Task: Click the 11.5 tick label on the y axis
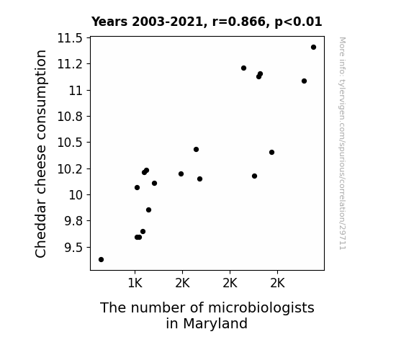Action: click(x=70, y=38)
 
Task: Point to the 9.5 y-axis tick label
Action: click(x=73, y=248)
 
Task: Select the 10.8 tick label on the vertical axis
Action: click(x=70, y=117)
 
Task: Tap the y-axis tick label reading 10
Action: click(x=76, y=195)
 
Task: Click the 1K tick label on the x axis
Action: click(x=135, y=284)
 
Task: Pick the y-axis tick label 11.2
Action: click(x=70, y=64)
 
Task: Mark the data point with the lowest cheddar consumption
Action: click(x=101, y=260)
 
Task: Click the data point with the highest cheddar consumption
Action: click(x=313, y=48)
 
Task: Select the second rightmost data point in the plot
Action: click(x=304, y=81)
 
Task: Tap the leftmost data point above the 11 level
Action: click(x=243, y=68)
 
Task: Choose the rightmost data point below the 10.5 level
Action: click(x=271, y=153)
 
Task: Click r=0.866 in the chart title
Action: click(x=239, y=22)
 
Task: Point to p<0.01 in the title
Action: click(x=298, y=22)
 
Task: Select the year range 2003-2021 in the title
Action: click(x=167, y=22)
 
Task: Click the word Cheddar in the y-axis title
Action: click(x=40, y=230)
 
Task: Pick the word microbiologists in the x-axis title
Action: click(x=261, y=308)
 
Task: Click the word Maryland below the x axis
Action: click(x=215, y=323)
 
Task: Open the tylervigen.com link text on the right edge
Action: click(x=342, y=143)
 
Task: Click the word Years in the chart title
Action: click(x=109, y=22)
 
